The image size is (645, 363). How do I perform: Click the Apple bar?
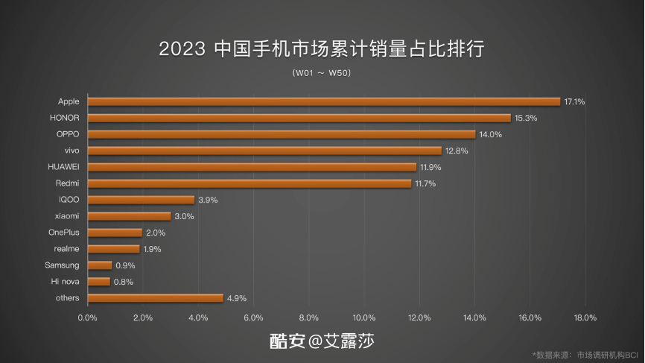coord(323,101)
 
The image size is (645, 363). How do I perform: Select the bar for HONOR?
coord(299,118)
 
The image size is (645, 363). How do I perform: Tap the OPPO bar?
coord(281,134)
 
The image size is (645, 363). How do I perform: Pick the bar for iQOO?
coord(141,200)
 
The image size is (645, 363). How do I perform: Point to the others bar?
coord(155,298)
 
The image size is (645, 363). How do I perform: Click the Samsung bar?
coord(100,265)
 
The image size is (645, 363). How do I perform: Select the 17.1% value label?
coord(574,101)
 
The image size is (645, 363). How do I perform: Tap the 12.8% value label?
coord(456,151)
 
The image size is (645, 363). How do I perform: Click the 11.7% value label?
coord(425,183)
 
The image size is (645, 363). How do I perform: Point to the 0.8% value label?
coord(123,282)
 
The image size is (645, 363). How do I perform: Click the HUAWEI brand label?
coord(63,167)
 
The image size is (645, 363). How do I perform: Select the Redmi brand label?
coord(68,183)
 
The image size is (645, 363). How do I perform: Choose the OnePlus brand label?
coord(64,233)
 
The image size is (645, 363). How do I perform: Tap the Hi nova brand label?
coord(66,282)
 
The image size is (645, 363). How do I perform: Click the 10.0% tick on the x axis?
coord(364,318)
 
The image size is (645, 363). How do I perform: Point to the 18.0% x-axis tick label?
coord(585,318)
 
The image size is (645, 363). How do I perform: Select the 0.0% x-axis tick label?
coord(88,318)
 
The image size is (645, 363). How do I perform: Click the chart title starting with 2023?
coord(322,49)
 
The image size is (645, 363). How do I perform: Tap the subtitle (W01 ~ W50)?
coord(322,73)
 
